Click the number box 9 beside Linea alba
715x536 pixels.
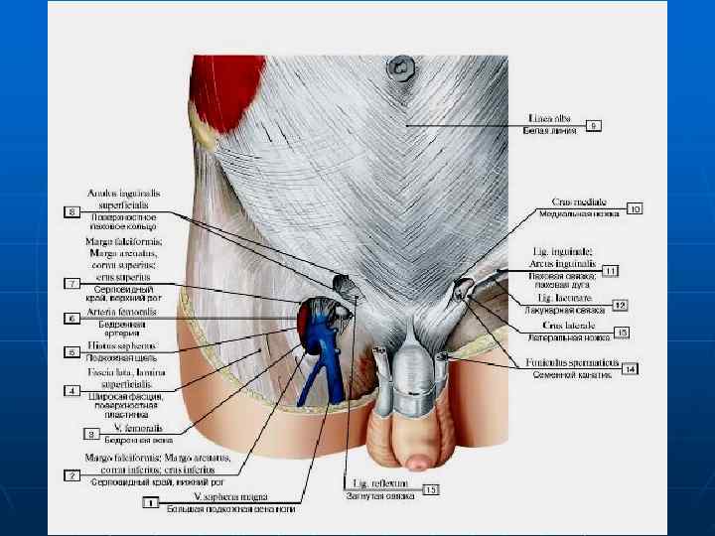(x=593, y=126)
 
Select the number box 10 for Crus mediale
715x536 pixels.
(x=635, y=208)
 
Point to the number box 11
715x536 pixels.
(x=610, y=270)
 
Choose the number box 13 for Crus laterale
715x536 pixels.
(x=623, y=332)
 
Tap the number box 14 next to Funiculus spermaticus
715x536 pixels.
(x=630, y=369)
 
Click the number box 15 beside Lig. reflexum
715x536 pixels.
(x=430, y=489)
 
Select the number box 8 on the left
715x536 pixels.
(x=72, y=211)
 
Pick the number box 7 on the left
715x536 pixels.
(x=72, y=284)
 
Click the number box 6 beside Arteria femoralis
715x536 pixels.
(x=72, y=319)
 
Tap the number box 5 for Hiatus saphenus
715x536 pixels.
(x=72, y=351)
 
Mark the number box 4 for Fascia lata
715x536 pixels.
(x=72, y=391)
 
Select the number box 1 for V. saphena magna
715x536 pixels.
(x=152, y=502)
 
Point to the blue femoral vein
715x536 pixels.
(x=323, y=342)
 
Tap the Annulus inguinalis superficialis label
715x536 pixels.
(x=123, y=197)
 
